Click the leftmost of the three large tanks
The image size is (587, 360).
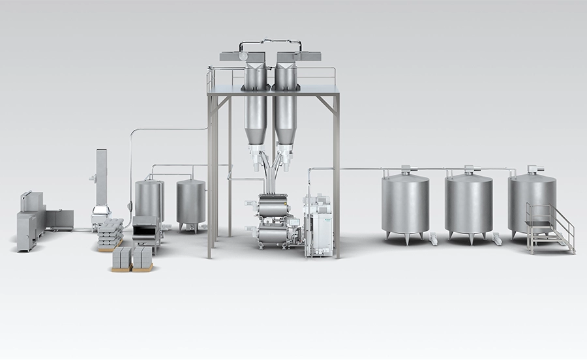point(405,202)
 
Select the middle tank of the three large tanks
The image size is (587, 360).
point(469,203)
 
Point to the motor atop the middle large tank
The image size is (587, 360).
point(469,168)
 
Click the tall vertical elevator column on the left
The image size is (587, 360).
point(102,173)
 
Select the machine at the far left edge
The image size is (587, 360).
point(30,222)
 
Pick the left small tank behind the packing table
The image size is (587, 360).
point(149,200)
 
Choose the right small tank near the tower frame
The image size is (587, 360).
point(190,202)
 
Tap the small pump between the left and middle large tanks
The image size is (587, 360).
point(434,239)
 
